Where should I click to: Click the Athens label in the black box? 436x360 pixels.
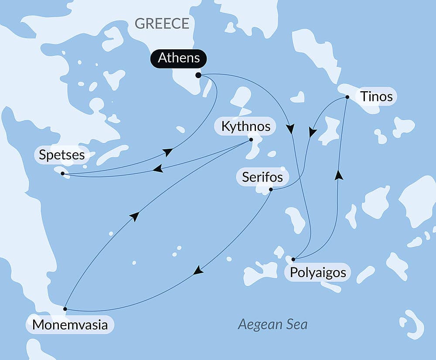pos(179,58)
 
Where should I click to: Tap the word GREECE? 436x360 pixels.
pos(162,23)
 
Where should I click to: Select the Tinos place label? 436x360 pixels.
pos(376,97)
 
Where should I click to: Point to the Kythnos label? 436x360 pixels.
pos(246,127)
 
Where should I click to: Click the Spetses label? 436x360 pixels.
pos(61,154)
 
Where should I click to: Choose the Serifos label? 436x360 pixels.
pos(259,177)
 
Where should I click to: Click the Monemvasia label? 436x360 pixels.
pos(70,325)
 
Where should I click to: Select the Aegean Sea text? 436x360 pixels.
pos(272,324)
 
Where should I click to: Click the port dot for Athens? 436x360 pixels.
pos(198,75)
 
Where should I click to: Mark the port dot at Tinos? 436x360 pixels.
pos(347,97)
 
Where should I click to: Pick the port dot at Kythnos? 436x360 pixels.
pos(251,140)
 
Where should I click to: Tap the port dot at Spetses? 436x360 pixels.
pos(63,174)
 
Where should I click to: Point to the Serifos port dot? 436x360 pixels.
pos(271,189)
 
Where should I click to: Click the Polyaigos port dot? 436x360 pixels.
pos(293,259)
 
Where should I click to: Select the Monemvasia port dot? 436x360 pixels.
pos(65,309)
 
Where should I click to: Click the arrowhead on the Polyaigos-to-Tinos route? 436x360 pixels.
pos(338,175)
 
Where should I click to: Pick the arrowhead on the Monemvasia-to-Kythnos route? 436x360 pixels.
pos(135,216)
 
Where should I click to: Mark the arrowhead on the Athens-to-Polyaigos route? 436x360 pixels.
pos(290,129)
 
